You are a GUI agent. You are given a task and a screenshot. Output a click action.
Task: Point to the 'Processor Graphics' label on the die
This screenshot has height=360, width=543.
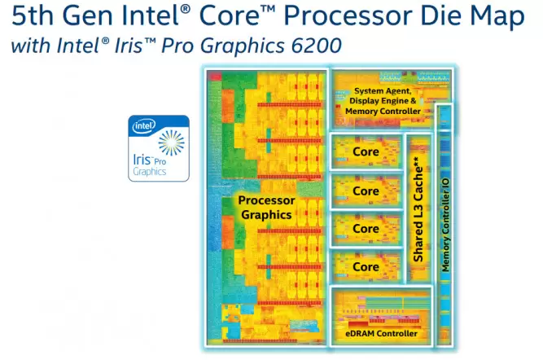pos(265,207)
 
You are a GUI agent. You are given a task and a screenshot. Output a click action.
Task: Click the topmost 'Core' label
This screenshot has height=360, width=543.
pos(366,152)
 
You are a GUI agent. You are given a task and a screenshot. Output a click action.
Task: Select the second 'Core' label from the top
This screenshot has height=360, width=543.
pos(366,191)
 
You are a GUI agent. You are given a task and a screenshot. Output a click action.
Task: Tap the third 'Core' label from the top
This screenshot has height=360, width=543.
pos(366,229)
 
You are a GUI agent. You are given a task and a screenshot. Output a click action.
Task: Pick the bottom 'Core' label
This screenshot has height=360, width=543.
pos(366,267)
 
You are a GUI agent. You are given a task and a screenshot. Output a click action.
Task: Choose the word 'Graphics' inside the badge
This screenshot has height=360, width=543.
pos(149,172)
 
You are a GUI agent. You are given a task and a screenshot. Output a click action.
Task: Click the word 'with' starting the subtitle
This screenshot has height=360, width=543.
pos(28,46)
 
